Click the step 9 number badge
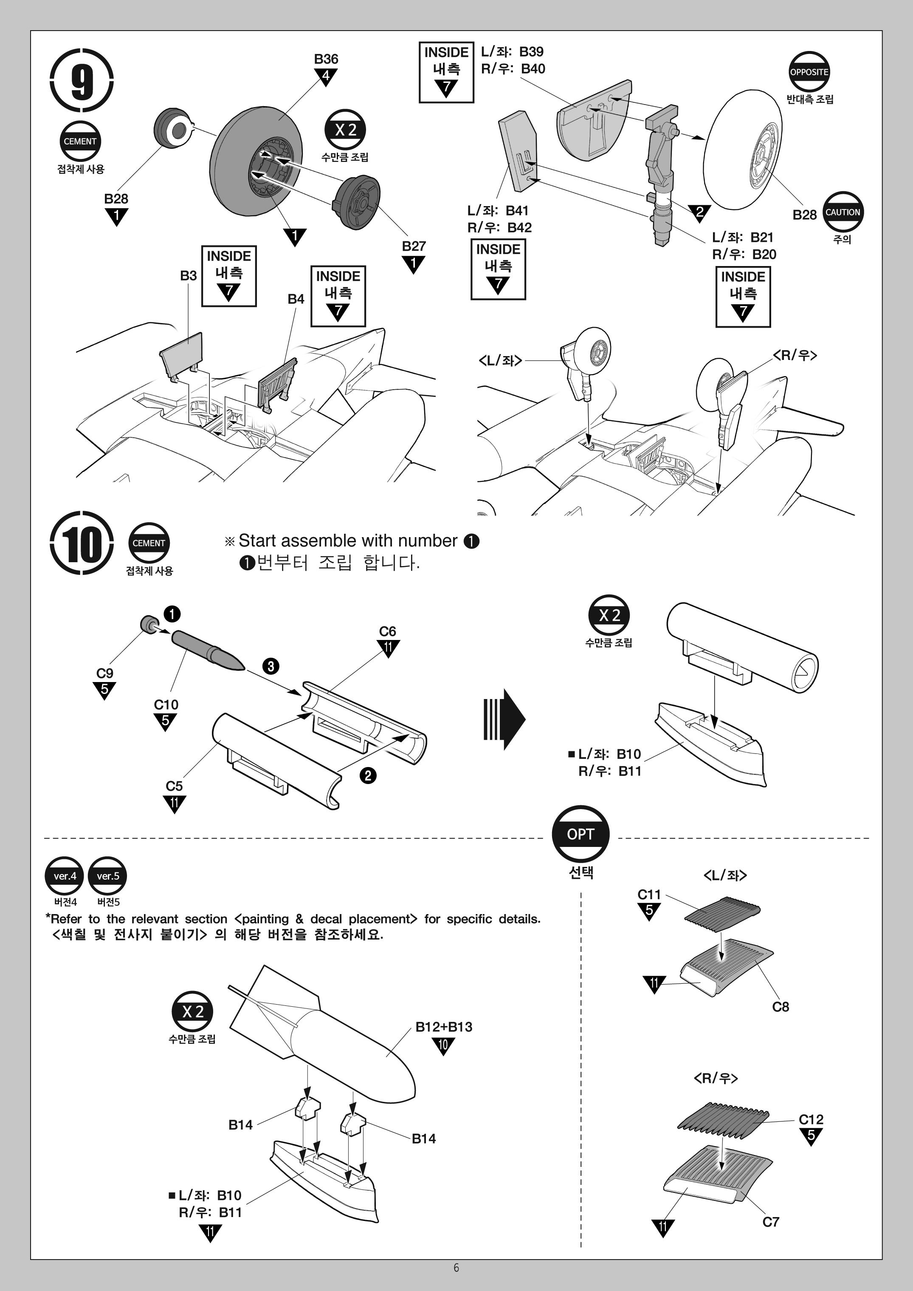(82, 82)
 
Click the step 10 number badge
(82, 543)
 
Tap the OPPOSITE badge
(809, 72)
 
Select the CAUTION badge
(842, 212)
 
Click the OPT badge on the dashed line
(580, 834)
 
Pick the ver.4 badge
(65, 876)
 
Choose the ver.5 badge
(108, 876)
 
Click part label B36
(326, 59)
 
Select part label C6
(387, 631)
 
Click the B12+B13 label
(444, 1027)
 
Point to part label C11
(649, 895)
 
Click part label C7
(771, 1222)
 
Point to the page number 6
(456, 1267)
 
